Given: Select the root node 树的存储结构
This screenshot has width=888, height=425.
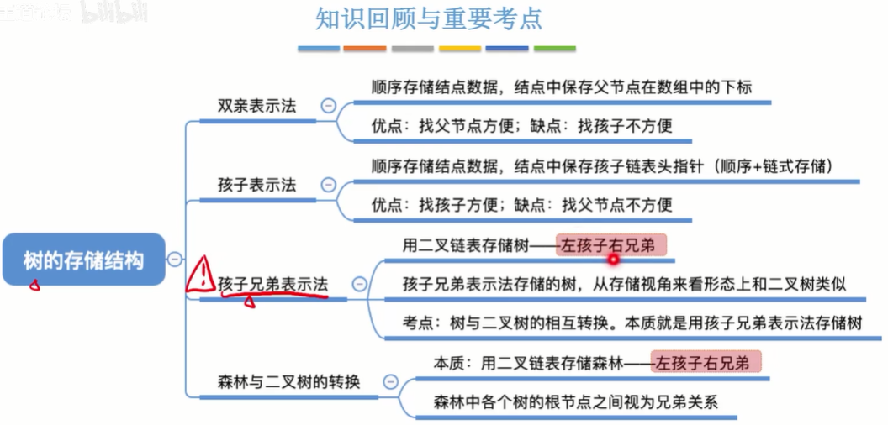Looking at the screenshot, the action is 83,260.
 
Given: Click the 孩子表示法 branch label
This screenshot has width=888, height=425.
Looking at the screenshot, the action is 256,186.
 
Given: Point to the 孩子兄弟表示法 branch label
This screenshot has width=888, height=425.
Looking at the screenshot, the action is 272,284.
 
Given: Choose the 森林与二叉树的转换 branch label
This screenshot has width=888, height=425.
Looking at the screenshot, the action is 288,382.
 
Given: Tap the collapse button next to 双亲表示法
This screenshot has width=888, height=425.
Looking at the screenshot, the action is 328,106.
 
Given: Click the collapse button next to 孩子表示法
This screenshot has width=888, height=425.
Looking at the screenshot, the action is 328,186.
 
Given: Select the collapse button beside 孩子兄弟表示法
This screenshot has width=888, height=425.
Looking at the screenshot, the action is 359,284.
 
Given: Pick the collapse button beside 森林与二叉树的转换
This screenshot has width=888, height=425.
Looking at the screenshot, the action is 389,382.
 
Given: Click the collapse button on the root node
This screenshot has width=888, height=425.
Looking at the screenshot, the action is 174,259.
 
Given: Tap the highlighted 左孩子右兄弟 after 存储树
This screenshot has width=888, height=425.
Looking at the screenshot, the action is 611,245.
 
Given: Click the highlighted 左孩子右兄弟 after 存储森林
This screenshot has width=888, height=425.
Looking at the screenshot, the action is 706,363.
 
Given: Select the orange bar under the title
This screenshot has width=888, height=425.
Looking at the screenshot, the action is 365,49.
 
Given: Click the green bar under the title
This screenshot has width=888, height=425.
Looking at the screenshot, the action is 555,49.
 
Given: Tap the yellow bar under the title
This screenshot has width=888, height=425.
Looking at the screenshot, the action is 460,49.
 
